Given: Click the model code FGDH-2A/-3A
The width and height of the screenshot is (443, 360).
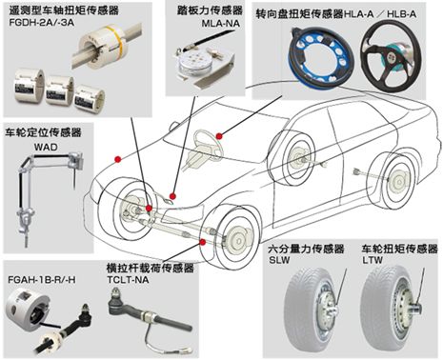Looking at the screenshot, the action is (42, 23).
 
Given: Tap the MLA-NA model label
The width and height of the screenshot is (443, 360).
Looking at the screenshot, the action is (221, 24).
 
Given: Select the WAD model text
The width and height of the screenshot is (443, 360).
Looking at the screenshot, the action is (46, 148).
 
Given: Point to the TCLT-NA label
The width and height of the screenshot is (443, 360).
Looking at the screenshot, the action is (128, 280).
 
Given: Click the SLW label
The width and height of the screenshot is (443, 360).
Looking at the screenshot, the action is (279, 260).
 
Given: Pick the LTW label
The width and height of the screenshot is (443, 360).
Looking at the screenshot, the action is (373, 260).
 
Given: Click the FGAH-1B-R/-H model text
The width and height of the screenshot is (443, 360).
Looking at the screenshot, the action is (42, 280).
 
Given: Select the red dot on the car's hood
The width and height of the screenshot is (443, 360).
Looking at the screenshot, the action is (118, 159).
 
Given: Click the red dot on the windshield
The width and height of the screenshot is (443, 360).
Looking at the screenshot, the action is (219, 136).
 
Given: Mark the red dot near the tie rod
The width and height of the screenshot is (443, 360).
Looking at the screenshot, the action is (203, 243).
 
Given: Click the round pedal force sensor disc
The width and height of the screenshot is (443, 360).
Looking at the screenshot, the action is (195, 62).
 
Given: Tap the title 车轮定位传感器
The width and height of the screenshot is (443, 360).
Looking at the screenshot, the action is (43, 132).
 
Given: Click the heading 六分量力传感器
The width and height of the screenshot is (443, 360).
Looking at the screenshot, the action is (306, 249).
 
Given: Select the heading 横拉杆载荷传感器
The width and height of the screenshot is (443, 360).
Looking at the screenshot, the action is (150, 269).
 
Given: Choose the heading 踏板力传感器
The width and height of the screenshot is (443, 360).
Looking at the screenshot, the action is (210, 10).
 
